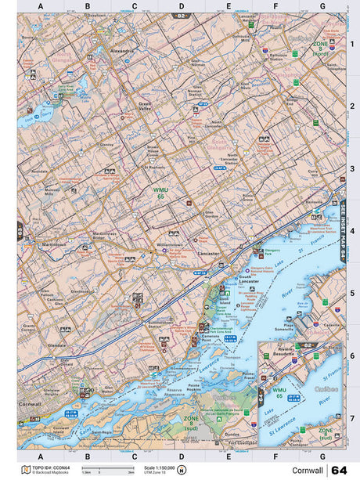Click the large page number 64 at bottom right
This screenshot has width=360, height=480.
point(339,470)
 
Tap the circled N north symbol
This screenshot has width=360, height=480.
point(182,470)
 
